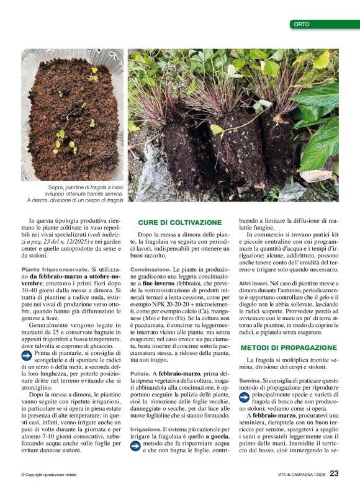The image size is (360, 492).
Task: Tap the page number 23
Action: (x=334, y=473)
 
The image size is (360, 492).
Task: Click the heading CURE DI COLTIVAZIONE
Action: (x=179, y=222)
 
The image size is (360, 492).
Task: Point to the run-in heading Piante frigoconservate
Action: (x=55, y=270)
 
